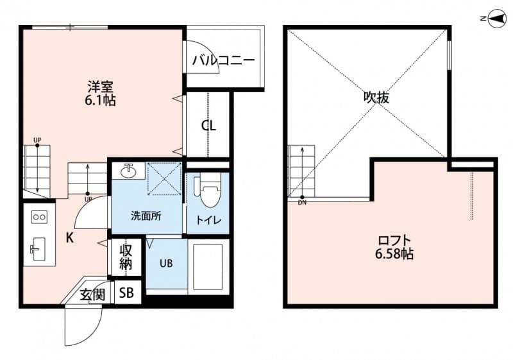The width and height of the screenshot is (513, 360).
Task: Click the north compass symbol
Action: click(495, 19)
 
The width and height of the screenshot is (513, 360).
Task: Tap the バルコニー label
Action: click(223, 60)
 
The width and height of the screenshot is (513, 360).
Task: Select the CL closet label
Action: click(208, 126)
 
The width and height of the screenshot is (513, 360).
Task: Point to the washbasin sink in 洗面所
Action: click(128, 171)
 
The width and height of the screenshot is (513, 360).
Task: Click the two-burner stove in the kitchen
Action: click(39, 217)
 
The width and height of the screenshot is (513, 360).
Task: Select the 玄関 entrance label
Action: click(92, 295)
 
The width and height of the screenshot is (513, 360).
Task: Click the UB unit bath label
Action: click(165, 263)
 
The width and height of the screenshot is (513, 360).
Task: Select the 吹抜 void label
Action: click(376, 98)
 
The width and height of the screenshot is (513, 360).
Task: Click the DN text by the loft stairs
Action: click(302, 203)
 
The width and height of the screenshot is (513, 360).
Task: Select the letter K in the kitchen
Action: click(69, 236)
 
